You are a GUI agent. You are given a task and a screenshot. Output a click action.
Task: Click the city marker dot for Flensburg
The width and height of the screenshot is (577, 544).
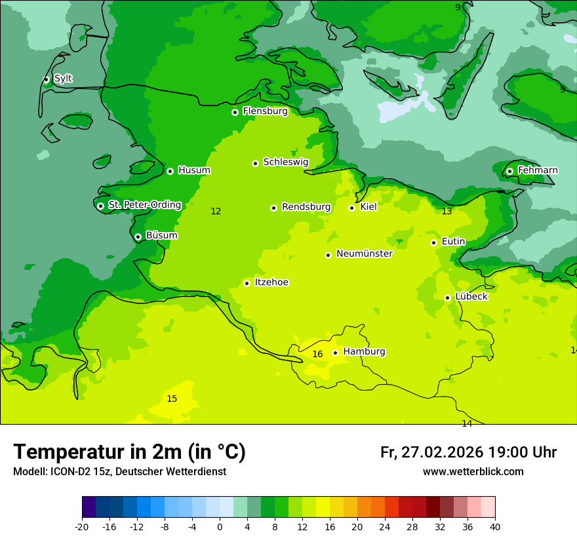[235, 112]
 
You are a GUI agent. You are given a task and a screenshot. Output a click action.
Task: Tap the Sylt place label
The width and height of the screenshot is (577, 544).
[63, 79]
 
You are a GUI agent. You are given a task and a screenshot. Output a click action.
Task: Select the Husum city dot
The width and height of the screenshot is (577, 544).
[170, 171]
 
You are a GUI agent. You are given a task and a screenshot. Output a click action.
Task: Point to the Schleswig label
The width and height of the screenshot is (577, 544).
[285, 162]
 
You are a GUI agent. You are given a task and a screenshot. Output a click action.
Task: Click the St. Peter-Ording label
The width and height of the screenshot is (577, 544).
[144, 205]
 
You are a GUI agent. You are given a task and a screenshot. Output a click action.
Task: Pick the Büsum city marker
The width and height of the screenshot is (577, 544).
[138, 237]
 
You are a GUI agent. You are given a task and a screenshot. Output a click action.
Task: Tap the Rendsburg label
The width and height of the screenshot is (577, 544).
[306, 207]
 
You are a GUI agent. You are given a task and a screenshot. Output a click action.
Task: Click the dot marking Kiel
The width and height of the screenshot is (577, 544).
[351, 208]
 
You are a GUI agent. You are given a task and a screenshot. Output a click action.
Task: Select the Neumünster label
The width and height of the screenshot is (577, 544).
[365, 254]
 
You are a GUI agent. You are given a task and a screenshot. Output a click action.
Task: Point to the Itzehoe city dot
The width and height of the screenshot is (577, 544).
[247, 283]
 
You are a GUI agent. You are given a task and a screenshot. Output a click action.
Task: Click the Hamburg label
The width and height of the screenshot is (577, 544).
[364, 351]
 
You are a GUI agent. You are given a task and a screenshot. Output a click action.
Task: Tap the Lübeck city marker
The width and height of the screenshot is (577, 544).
[447, 298]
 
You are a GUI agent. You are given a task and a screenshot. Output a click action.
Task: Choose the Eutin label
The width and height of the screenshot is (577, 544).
[453, 242]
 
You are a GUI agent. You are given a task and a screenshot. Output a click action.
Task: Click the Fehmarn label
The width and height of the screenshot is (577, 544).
[538, 170]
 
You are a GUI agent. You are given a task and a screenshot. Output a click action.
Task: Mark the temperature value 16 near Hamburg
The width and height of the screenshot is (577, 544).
[317, 355]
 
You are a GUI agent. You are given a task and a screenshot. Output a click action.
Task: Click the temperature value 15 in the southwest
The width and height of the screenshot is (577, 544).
[172, 398]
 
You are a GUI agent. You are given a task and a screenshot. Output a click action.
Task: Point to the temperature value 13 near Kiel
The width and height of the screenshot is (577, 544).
[447, 212]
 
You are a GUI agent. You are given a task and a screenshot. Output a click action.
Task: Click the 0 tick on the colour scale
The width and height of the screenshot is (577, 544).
[220, 526]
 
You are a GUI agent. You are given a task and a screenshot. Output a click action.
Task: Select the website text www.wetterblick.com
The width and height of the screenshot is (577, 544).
[473, 471]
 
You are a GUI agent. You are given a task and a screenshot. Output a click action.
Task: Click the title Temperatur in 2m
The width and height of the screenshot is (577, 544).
[129, 452]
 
